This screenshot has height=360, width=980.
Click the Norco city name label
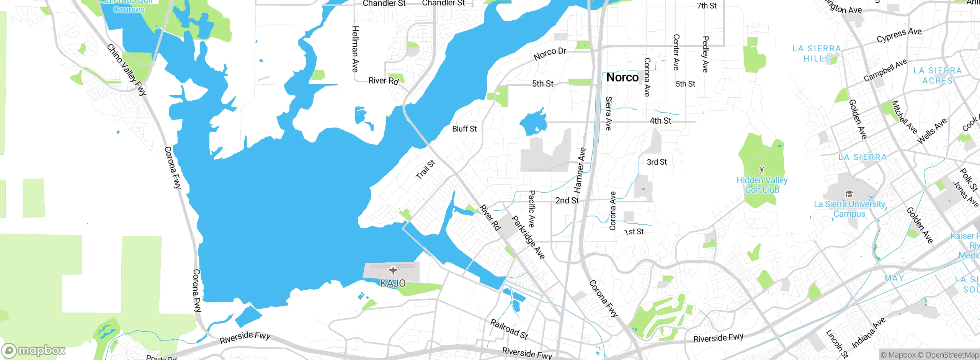(622, 77)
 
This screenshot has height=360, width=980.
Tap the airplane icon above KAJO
(393, 271)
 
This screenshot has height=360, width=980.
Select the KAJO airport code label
(393, 283)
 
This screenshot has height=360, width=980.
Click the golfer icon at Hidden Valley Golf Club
(762, 169)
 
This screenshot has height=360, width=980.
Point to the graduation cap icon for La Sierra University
(849, 194)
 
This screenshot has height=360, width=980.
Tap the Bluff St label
(464, 129)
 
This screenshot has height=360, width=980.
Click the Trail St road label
(425, 170)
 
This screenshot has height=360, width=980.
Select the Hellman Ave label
(355, 49)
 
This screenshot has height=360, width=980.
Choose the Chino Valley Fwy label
(127, 70)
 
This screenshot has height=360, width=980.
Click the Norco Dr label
(550, 54)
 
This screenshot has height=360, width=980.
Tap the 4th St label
(660, 121)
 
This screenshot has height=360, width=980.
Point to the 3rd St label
(657, 162)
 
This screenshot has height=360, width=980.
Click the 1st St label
(634, 232)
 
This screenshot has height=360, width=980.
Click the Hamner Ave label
(580, 170)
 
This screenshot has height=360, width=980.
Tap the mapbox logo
(34, 350)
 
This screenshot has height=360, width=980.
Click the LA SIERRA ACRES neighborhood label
(937, 75)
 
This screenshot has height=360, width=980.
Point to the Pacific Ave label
(531, 209)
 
